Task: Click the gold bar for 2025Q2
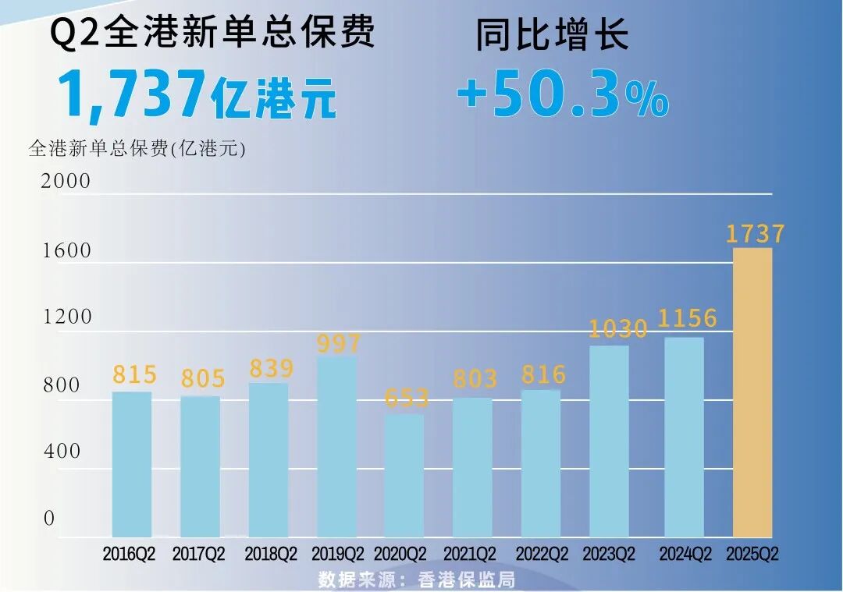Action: pos(752,392)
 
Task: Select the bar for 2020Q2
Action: pos(404,475)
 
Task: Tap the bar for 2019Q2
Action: pos(336,447)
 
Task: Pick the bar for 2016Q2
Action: pos(132,464)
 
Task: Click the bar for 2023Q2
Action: pos(609,441)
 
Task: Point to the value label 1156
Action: pos(687,318)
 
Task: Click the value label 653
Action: pos(407,398)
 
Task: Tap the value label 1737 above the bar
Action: pos(755,233)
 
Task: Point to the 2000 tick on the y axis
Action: pos(66,181)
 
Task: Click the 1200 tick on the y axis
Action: pos(66,317)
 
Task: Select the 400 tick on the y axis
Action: pos(62,452)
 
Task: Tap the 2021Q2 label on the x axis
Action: pos(470,555)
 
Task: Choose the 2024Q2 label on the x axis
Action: pos(685,555)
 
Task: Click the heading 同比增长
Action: pos(552,35)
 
